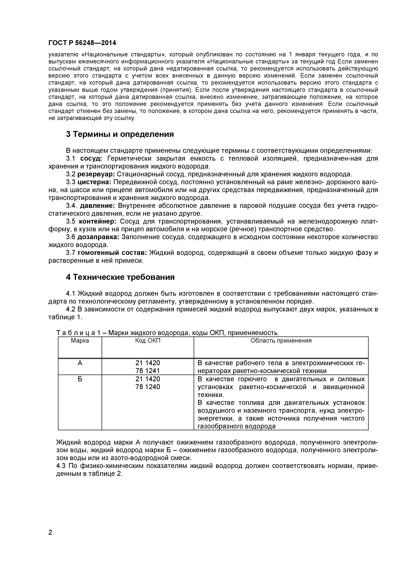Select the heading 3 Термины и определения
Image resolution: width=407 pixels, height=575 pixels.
(120, 134)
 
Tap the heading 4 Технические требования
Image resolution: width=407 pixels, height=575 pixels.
(120, 277)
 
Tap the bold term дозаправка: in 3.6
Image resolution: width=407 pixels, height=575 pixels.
(99, 237)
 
